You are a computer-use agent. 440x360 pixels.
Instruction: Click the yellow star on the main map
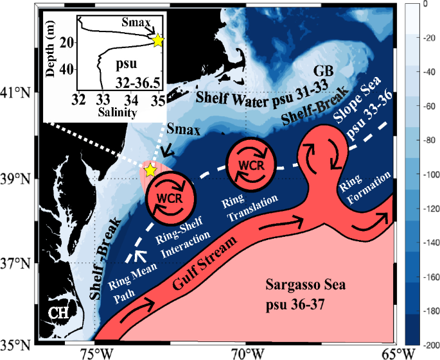pos(150,170)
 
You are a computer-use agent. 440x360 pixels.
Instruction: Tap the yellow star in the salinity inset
pos(158,40)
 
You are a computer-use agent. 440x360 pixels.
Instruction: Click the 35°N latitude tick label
pos(17,345)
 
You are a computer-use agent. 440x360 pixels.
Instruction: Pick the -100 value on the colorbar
pos(423,175)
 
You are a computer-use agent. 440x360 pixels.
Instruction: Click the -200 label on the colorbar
pos(423,345)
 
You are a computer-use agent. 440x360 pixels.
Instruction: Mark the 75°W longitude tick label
pos(95,353)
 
